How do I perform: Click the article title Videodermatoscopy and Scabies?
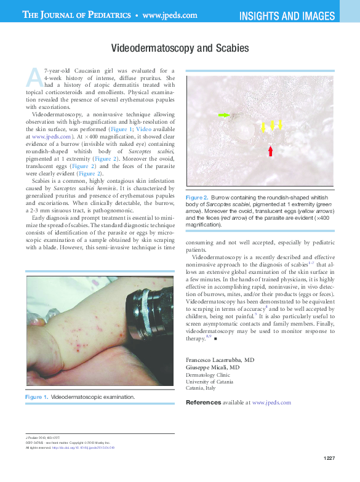click(180, 47)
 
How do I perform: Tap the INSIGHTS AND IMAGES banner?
click(287, 15)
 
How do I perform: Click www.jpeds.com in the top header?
click(170, 15)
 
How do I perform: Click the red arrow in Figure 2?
click(270, 150)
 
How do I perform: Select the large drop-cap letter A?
click(34, 77)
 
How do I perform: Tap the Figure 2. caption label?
click(197, 196)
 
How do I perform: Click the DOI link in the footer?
click(92, 447)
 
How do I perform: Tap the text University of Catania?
click(209, 381)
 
